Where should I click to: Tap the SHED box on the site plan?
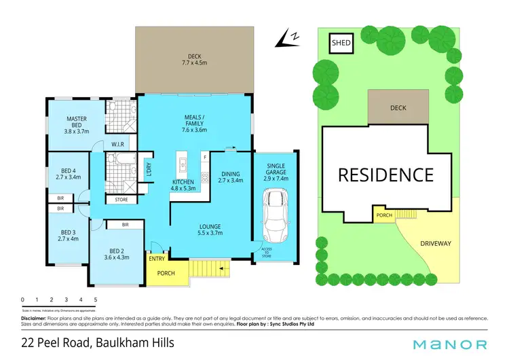(x=341, y=43)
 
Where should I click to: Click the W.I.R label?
(x=117, y=144)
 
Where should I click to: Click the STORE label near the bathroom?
(x=121, y=200)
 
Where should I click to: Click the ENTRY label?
(x=157, y=259)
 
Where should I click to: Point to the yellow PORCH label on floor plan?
(x=166, y=274)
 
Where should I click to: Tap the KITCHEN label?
(x=183, y=182)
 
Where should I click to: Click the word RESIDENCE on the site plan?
(x=385, y=175)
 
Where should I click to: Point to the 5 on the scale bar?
(x=96, y=300)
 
